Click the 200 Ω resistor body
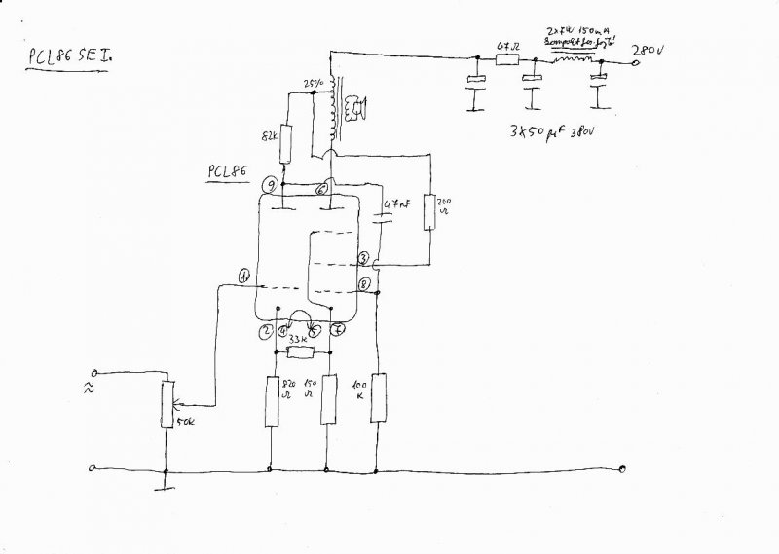click(430, 209)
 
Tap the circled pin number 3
click(362, 258)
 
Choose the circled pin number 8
click(363, 284)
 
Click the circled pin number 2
click(264, 331)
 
